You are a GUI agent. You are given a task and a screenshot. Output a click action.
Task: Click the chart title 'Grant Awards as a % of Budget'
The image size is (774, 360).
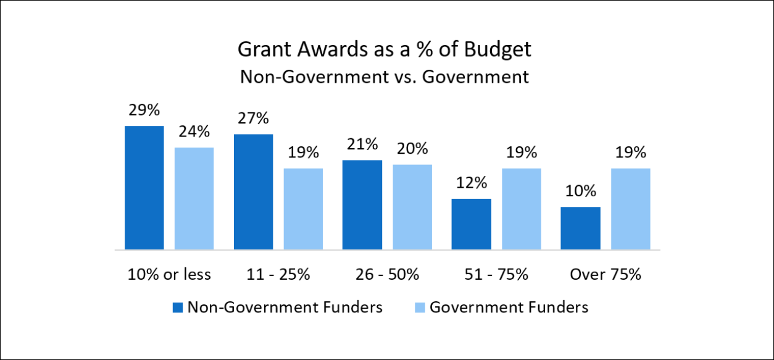coord(385,50)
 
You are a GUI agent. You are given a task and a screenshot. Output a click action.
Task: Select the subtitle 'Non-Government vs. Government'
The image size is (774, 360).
coord(385,77)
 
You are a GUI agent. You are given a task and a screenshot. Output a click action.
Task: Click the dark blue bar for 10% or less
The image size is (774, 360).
coord(144,188)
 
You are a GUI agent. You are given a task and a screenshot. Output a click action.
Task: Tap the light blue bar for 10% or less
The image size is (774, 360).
coord(194,198)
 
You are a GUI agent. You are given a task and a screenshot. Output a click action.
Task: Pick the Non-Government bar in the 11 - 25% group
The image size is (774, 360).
coord(253,192)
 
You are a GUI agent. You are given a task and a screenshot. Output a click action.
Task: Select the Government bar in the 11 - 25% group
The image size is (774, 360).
coord(303,209)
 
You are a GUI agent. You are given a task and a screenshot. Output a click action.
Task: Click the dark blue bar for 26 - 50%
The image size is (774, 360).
coord(362,205)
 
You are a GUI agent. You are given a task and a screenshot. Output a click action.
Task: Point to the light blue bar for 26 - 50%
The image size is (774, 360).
coord(412,207)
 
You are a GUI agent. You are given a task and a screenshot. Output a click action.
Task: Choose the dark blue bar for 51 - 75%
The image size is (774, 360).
coord(472,224)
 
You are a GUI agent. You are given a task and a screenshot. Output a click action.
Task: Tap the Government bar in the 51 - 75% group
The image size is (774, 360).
coord(522,209)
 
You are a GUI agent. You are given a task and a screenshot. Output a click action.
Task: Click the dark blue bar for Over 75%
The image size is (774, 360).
coord(580,228)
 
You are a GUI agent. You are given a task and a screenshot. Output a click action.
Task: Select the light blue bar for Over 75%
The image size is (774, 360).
coord(631,209)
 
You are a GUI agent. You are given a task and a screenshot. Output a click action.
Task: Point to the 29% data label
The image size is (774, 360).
coord(144,111)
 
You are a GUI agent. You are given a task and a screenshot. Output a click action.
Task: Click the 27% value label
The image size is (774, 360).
coord(253,119)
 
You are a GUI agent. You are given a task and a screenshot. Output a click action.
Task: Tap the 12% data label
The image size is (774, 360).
coord(472,183)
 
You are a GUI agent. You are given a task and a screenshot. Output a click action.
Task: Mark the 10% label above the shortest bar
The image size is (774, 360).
coord(580,191)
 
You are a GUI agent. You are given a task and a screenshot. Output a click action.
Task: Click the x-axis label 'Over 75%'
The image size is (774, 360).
coord(605,274)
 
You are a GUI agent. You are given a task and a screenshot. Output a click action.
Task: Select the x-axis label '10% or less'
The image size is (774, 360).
coord(169,274)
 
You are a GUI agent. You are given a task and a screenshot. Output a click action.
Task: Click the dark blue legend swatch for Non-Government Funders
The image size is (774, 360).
coord(178,308)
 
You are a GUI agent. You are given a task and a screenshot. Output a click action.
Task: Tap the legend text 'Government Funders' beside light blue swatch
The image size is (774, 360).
coord(509,307)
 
